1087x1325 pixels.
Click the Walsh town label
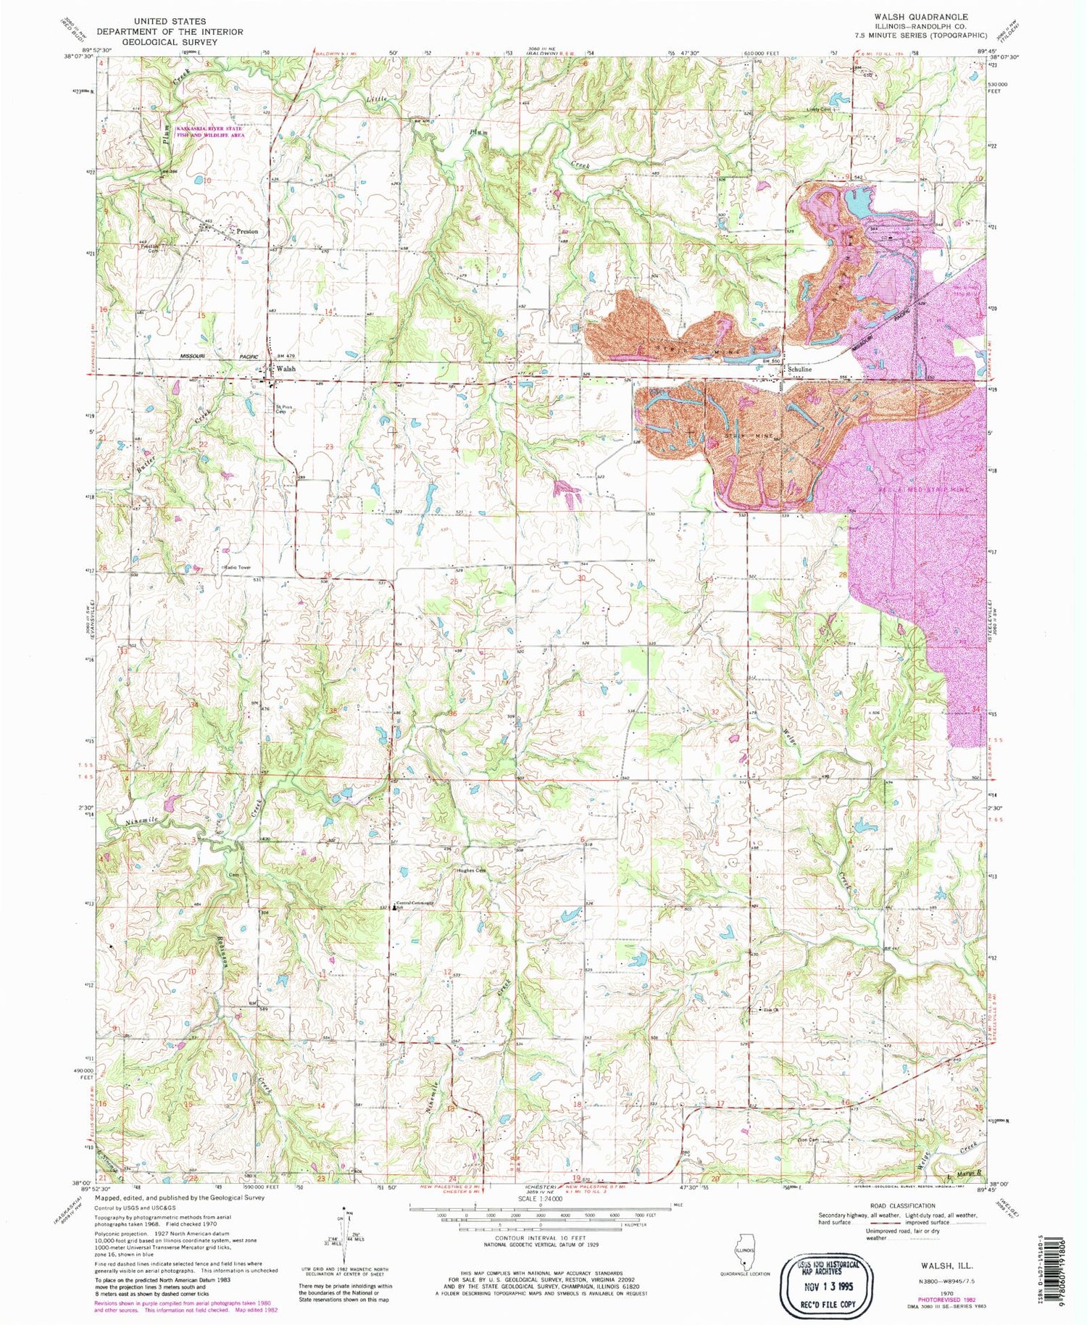point(287,369)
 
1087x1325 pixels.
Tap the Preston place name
point(247,231)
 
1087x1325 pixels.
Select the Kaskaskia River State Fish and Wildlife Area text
point(210,131)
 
